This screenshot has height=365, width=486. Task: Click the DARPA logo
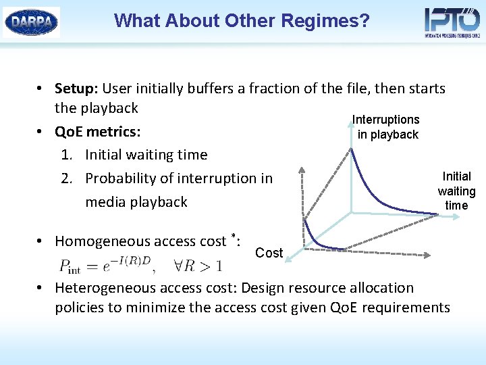[x=32, y=22]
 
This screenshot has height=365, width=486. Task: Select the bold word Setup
[x=76, y=89]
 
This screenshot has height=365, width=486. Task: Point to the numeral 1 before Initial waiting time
[x=65, y=155]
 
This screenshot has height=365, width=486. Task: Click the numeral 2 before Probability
[x=65, y=178]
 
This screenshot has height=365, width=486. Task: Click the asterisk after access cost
[x=233, y=236]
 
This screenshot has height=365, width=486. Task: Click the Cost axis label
[x=269, y=253]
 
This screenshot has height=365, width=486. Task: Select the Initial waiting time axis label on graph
[x=456, y=191]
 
